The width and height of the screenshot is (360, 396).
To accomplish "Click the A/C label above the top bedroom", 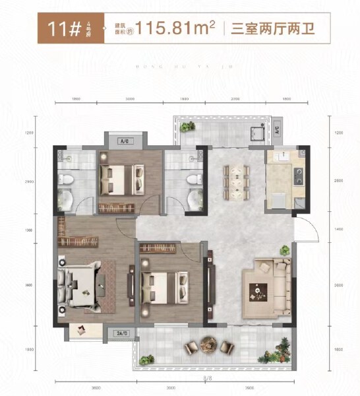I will pyautogui.click(x=123, y=140).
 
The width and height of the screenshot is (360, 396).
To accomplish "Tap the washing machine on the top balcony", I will pyautogui.click(x=256, y=131).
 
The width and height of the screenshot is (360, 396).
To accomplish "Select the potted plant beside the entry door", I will pyautogui.click(x=285, y=251).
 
